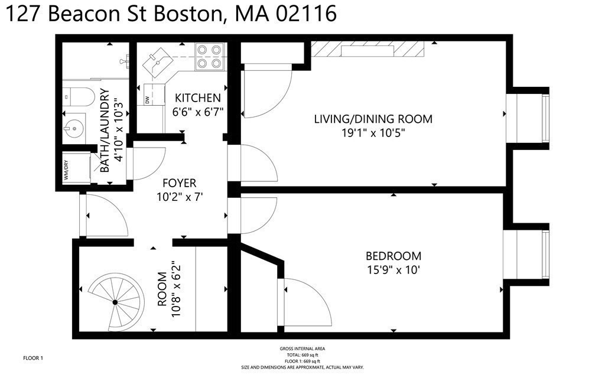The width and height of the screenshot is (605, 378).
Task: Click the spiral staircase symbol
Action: pyautogui.click(x=115, y=302)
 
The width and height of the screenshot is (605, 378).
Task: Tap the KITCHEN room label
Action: pyautogui.click(x=197, y=98)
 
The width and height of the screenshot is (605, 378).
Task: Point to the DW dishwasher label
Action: pyautogui.click(x=147, y=100)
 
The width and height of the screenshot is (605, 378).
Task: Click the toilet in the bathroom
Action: pyautogui.click(x=78, y=94)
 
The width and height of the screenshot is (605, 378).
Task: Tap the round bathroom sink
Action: pyautogui.click(x=74, y=126)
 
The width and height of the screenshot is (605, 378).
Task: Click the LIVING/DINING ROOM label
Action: pyautogui.click(x=373, y=119)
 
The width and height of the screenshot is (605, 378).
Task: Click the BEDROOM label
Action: pyautogui.click(x=393, y=256)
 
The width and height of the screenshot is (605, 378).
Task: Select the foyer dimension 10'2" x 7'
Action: pyautogui.click(x=181, y=197)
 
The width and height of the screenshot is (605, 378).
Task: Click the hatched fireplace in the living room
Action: pyautogui.click(x=367, y=50)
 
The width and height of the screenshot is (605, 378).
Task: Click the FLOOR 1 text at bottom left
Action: pyautogui.click(x=33, y=358)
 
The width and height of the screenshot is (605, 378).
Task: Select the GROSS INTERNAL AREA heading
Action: pyautogui.click(x=302, y=349)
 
